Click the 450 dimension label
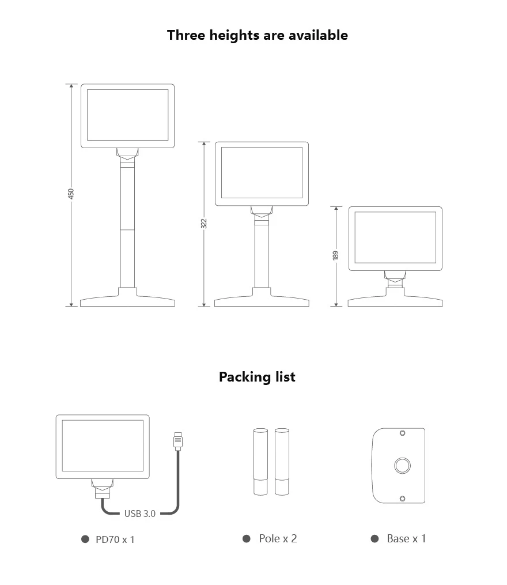click(71, 194)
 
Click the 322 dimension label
click(204, 224)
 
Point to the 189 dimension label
click(336, 255)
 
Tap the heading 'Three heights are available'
click(258, 35)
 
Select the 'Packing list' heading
click(257, 377)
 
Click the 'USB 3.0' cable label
click(140, 514)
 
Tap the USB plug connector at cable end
click(178, 441)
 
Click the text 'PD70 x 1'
click(115, 539)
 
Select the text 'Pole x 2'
click(278, 538)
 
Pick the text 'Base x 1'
click(406, 538)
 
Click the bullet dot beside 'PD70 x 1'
click(85, 539)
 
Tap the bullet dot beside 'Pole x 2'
click(247, 538)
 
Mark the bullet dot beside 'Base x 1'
click(375, 538)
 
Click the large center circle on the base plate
click(403, 466)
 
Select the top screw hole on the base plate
click(402, 433)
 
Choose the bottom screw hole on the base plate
click(402, 499)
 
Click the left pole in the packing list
click(260, 462)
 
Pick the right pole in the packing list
click(282, 462)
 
